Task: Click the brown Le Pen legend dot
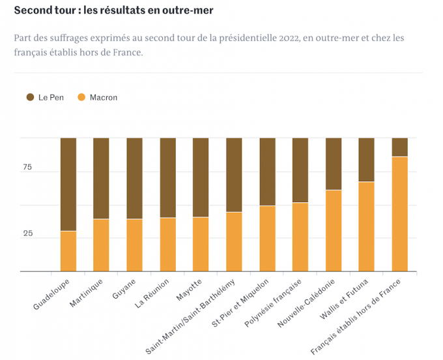[x=30, y=97]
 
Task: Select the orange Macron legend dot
[x=81, y=97]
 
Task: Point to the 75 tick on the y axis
[x=27, y=168]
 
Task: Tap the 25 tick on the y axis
[x=27, y=233]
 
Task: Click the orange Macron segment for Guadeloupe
[x=68, y=251]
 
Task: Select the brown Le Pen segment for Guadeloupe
[x=68, y=184]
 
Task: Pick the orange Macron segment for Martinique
[x=101, y=245]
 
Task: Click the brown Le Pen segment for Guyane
[x=134, y=178]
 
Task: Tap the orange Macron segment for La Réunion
[x=167, y=244]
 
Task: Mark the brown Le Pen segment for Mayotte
[x=201, y=177]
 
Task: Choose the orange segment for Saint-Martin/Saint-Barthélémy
[x=234, y=241]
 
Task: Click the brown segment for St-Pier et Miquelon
[x=267, y=172]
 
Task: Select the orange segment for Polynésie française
[x=300, y=237]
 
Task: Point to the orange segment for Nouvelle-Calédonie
[x=334, y=230]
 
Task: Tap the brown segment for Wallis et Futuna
[x=367, y=160]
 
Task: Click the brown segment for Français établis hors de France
[x=399, y=147]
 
